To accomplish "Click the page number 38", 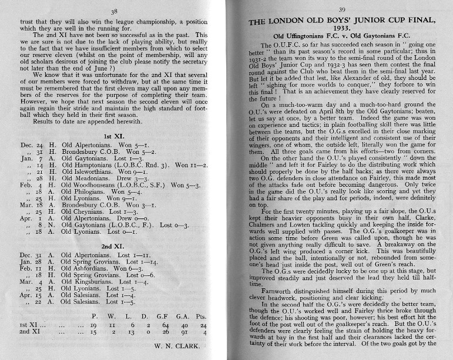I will click(115, 11).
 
